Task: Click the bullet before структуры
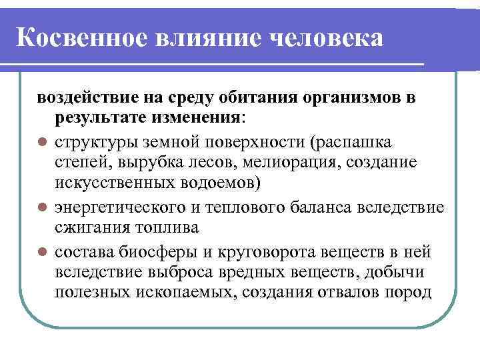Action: (42, 142)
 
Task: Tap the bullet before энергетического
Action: (42, 208)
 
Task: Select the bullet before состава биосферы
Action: (42, 253)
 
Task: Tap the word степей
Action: (78, 162)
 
